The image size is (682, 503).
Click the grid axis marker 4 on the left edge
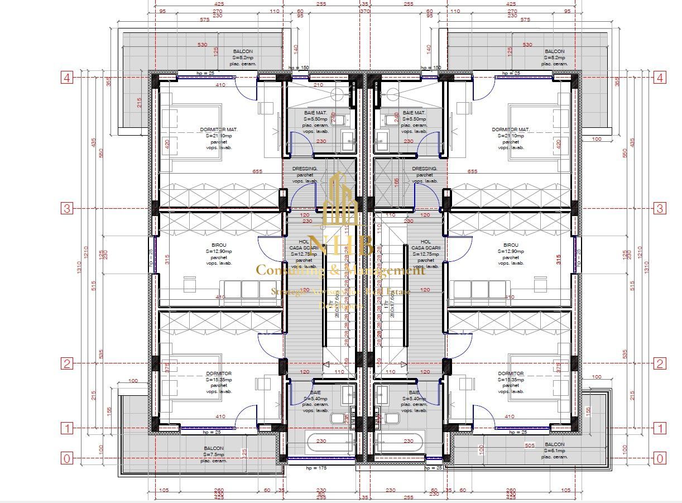(67, 78)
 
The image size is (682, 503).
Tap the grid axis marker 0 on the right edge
(660, 458)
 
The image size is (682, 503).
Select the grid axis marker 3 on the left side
(67, 209)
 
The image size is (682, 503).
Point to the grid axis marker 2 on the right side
(660, 364)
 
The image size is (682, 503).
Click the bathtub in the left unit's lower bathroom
(322, 444)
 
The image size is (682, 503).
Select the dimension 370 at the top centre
(364, 11)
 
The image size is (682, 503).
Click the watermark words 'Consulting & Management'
(340, 271)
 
